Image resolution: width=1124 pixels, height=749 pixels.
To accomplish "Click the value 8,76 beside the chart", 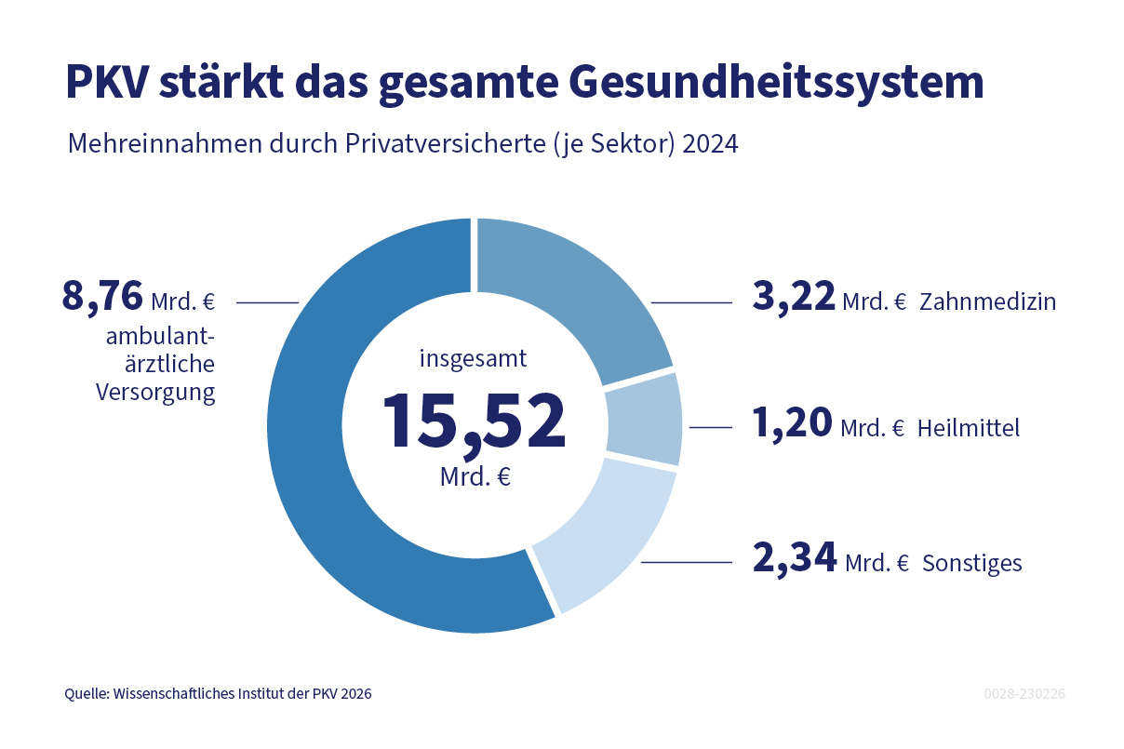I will point(102,298).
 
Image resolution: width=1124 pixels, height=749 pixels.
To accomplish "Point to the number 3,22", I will point(794,298).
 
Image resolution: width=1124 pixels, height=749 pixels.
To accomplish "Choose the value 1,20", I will point(792,424).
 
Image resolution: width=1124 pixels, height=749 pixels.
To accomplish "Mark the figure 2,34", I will point(794,560).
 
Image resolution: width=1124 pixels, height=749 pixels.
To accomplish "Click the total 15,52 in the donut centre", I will point(474,421).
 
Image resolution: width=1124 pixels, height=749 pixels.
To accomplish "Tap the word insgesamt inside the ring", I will point(474,357).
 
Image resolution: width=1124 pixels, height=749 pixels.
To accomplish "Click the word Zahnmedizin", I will point(987,301).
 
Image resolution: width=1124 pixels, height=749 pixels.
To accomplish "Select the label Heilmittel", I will point(968,428).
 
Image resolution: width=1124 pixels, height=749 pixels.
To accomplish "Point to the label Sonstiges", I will point(971,564).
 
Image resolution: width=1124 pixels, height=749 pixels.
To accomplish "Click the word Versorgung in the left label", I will point(155,393).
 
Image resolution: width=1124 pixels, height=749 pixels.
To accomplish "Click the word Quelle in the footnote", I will point(86,694).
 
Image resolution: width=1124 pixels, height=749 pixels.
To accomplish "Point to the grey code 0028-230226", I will point(1024,694).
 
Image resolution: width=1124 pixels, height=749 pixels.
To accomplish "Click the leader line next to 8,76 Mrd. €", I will point(267,302).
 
